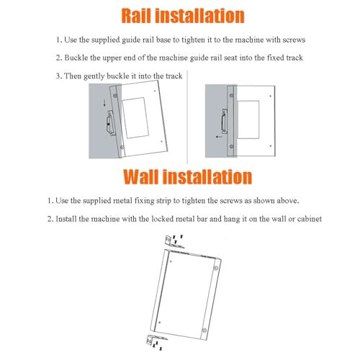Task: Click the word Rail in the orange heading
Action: coord(136,16)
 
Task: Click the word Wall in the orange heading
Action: coord(140,177)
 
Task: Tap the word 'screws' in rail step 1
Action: coord(294,40)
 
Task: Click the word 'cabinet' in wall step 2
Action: coord(310,219)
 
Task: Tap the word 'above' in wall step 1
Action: coord(288,201)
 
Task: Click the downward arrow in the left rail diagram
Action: coord(104,103)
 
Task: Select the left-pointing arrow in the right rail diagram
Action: coord(219,137)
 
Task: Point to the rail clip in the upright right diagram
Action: coord(225,121)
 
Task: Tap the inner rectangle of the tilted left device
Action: coord(135,118)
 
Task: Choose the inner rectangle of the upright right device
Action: coord(248,120)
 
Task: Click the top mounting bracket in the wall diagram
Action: coord(174,242)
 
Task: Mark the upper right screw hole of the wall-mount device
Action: coord(216,268)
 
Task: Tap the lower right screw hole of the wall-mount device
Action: coord(204,330)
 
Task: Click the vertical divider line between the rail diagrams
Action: coord(187,117)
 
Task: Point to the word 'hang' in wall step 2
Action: coord(232,220)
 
